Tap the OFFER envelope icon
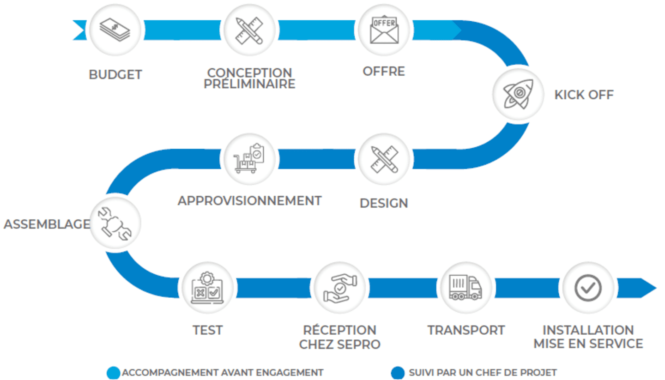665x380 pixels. coord(384,30)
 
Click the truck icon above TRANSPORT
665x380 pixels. coord(465,288)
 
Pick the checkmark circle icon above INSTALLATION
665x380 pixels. coord(588,288)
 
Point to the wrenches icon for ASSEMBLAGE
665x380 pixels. coord(115,224)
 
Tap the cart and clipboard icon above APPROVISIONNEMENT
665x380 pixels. coord(249,159)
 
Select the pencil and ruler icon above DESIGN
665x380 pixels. coord(384,159)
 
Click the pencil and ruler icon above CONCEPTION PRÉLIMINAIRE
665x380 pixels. coord(249,30)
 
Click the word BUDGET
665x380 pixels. coord(115,75)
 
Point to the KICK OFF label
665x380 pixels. coord(584,95)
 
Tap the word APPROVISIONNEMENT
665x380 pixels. coord(249,201)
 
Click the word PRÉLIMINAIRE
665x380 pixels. coord(249,84)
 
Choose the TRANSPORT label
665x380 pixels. coord(465,331)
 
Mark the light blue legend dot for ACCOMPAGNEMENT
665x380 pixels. coord(113,373)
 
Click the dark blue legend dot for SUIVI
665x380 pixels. coord(397,373)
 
